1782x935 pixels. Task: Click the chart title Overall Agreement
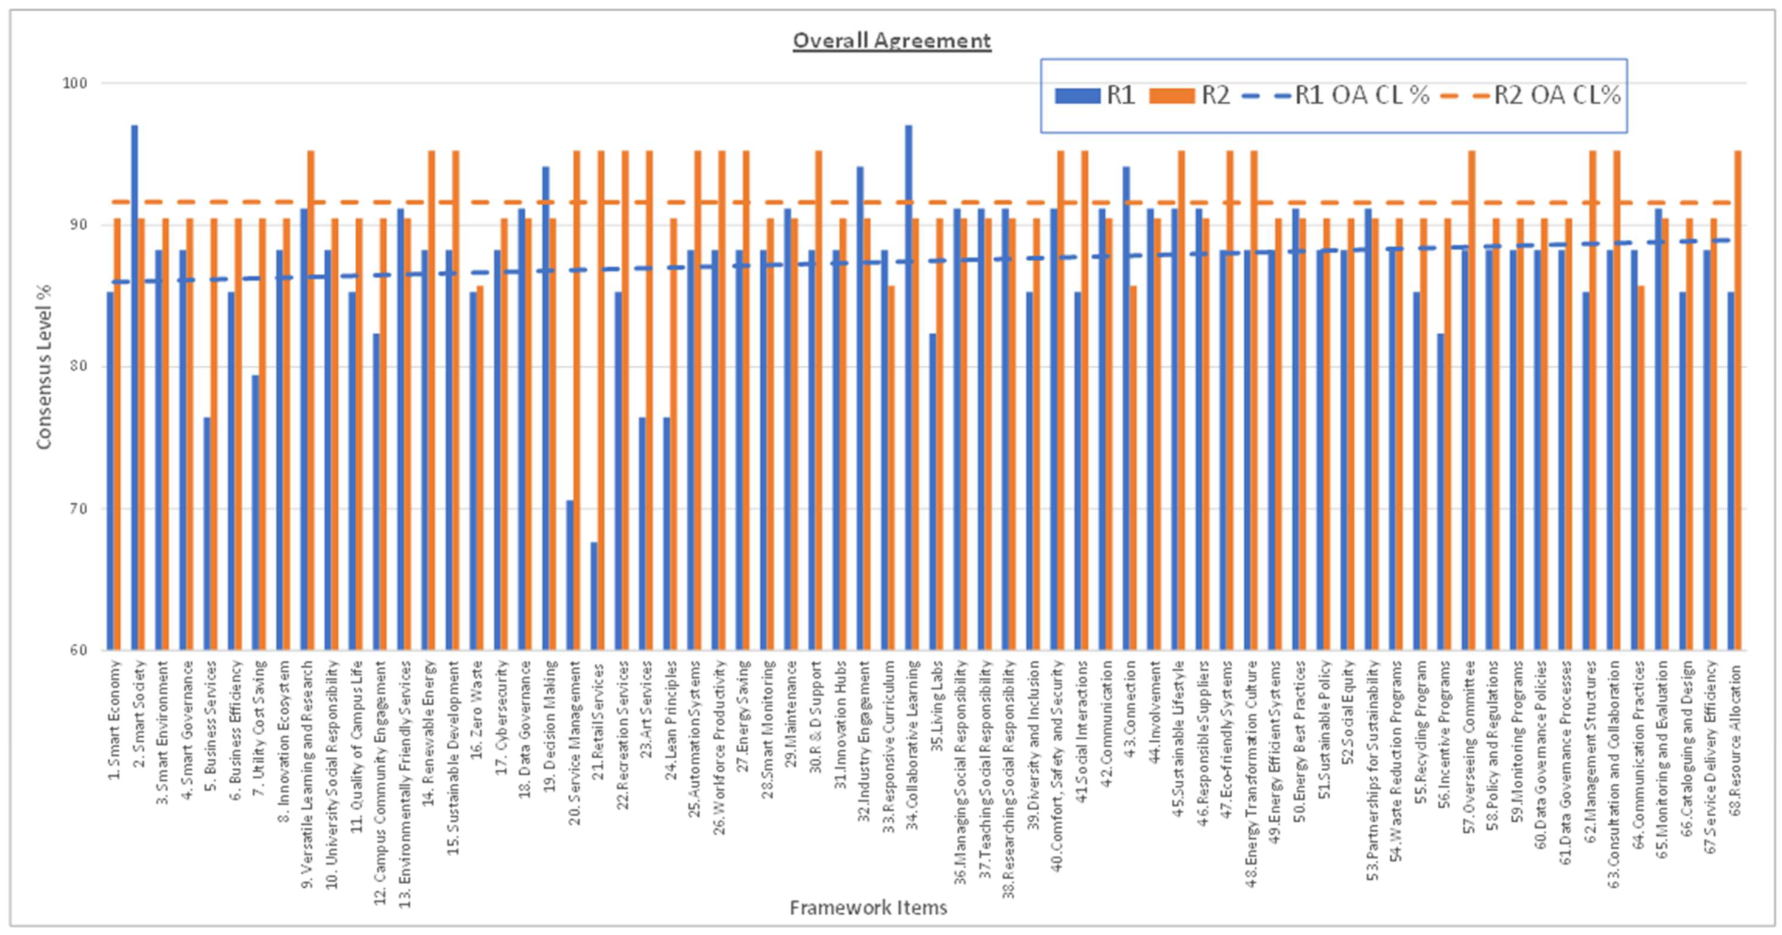891,41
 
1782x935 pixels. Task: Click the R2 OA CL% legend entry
1531,96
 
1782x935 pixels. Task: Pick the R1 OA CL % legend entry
1335,96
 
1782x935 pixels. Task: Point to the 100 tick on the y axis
74,83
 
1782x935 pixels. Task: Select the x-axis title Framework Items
868,907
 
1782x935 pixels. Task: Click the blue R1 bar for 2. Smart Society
134,388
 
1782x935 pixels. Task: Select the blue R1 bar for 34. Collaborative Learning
908,388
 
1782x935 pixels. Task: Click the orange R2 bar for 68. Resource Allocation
1738,401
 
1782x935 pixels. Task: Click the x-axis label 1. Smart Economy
115,720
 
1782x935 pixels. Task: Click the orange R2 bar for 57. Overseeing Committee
1471,401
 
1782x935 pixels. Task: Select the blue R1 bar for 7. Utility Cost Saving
256,513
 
